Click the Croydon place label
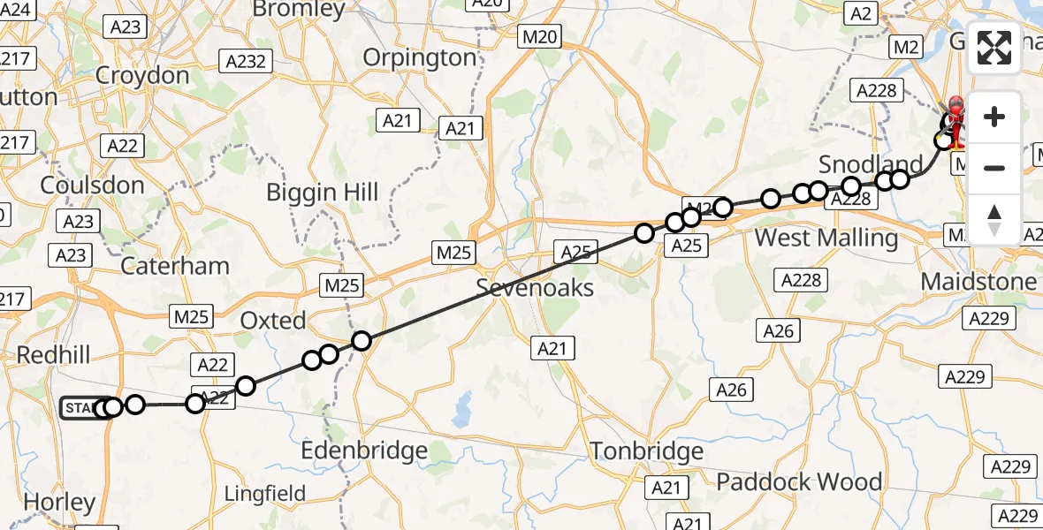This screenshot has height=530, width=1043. click(x=142, y=75)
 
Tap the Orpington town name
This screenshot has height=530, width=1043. click(x=420, y=57)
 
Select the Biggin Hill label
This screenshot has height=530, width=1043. click(x=323, y=193)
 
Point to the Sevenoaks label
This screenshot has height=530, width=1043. click(x=535, y=287)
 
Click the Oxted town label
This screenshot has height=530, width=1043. click(x=273, y=320)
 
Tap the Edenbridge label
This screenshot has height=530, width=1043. click(x=364, y=450)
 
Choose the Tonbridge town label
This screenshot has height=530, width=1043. click(x=646, y=451)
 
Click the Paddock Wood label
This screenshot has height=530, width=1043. click(x=799, y=481)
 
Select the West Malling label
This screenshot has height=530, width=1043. click(x=826, y=238)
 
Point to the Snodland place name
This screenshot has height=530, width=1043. click(x=871, y=164)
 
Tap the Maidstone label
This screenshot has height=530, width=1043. click(x=978, y=282)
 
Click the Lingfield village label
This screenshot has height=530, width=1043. click(x=265, y=493)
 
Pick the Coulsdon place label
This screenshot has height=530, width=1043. click(x=93, y=185)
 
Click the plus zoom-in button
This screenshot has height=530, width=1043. click(x=994, y=117)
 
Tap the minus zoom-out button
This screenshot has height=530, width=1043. click(x=994, y=168)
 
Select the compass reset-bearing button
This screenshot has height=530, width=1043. click(x=994, y=218)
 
